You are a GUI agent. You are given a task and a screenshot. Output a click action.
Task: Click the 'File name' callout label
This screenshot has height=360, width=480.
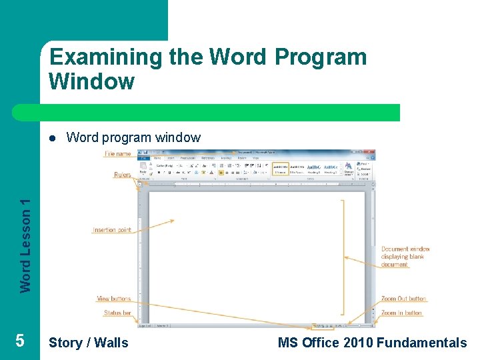[118, 154]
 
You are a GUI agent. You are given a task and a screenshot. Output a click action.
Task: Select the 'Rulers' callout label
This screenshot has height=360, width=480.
[122, 175]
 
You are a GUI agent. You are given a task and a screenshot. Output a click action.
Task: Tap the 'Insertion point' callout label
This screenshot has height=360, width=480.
[111, 230]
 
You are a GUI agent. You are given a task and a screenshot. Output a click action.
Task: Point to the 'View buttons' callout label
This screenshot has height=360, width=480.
[113, 299]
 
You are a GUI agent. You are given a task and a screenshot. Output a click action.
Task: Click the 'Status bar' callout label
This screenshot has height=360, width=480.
[117, 313]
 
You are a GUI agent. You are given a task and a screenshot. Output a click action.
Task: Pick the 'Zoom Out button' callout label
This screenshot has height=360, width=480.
[403, 299]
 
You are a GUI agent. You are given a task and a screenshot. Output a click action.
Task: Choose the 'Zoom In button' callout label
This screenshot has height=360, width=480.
[401, 313]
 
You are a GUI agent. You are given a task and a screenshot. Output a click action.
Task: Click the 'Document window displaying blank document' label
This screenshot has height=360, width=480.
[405, 257]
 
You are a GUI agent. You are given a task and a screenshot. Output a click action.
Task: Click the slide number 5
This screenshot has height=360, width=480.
[20, 341]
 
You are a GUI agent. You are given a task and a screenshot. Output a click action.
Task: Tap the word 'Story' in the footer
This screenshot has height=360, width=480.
[65, 343]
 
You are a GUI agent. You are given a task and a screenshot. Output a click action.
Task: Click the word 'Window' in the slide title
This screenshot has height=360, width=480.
[91, 82]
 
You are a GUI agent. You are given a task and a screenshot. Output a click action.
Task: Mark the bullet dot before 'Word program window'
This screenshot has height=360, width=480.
[52, 138]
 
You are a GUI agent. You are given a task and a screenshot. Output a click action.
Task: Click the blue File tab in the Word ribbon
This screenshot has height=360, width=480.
[143, 158]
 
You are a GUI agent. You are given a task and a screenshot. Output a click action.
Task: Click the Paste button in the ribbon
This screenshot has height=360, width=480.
[143, 169]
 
